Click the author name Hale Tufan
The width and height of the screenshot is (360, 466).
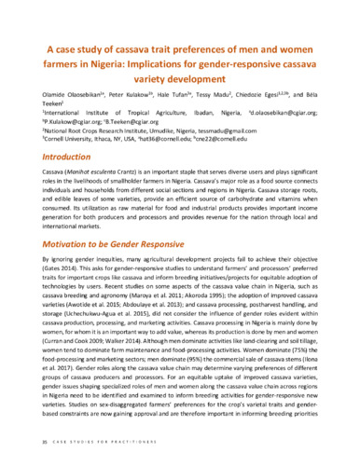click(x=176, y=93)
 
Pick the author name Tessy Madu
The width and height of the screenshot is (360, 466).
click(x=220, y=93)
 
